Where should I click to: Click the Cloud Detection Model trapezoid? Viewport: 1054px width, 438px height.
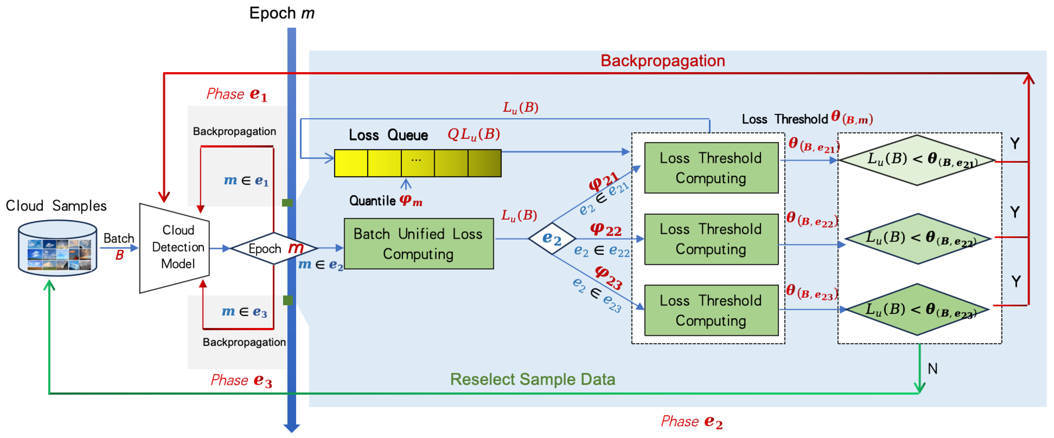175,248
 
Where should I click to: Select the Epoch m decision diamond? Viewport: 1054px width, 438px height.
273,248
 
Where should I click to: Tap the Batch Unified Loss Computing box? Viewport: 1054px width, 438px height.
418,244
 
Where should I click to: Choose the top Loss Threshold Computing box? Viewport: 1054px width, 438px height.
711,168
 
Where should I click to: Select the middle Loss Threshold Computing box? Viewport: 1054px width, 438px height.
711,239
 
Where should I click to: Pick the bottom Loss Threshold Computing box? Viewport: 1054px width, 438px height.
711,310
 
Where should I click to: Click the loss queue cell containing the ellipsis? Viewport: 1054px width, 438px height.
417,163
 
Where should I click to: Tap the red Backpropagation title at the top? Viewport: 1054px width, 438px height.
663,61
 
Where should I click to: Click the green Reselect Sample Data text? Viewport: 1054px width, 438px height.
532,379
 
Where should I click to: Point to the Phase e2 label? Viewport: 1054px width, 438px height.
691,421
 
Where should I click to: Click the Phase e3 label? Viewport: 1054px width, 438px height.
241,380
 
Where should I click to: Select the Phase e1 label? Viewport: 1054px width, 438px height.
237,94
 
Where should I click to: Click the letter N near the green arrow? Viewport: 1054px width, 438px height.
932,369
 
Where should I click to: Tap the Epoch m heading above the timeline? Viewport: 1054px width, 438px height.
282,13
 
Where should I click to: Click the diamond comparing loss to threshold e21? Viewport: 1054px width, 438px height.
917,160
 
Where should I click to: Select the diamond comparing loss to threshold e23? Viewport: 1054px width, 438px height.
917,310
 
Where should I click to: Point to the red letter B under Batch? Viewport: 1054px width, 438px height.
119,255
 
